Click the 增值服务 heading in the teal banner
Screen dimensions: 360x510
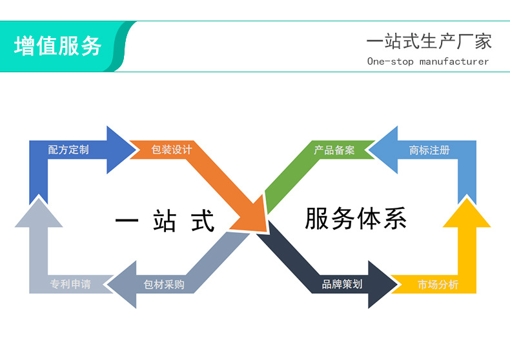58,46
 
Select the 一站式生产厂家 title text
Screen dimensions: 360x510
429,42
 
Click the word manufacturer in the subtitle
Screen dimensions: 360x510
454,62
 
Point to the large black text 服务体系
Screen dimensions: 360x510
356,219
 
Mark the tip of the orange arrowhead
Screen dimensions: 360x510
265,230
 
